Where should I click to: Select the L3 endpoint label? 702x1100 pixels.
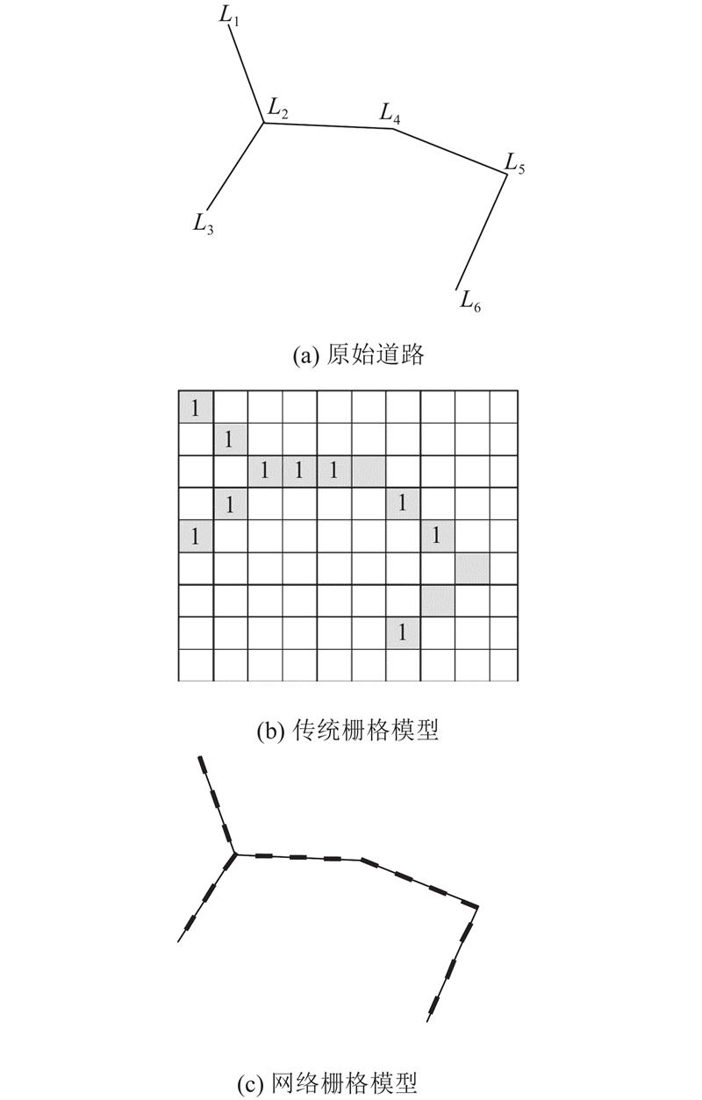[203, 224]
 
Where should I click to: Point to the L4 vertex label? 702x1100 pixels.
[390, 113]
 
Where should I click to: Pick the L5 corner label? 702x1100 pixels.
[515, 163]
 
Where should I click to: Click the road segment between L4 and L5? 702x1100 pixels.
[449, 151]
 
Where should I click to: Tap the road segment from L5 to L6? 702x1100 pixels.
[482, 231]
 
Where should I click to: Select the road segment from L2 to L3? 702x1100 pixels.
[234, 166]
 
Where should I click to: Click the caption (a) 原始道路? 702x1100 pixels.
[358, 354]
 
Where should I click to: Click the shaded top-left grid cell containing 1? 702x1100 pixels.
[196, 407]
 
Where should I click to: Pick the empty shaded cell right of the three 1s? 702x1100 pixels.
[369, 472]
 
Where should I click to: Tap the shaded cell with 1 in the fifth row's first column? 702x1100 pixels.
[196, 536]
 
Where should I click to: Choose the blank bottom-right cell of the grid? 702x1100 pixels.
[504, 666]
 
